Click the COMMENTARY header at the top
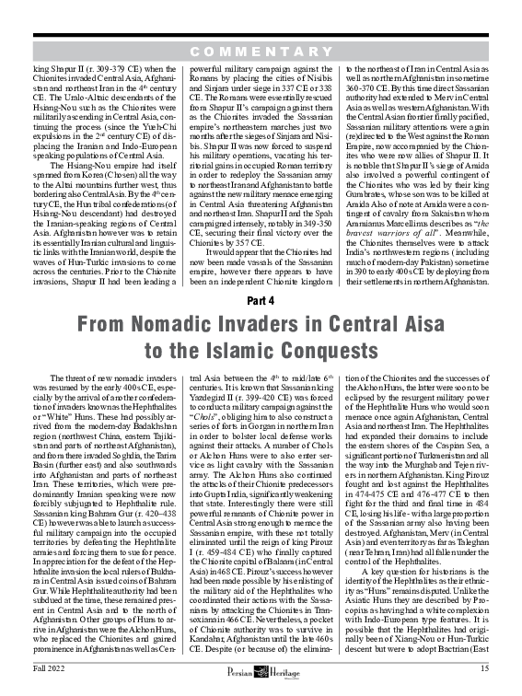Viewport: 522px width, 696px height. [x=261, y=49]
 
